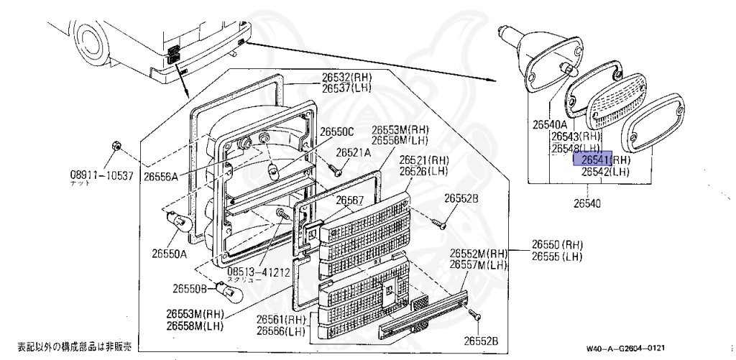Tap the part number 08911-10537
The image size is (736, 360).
(x=101, y=175)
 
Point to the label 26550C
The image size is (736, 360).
(x=337, y=131)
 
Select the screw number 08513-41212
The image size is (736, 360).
(x=258, y=272)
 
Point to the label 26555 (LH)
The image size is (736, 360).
(x=557, y=257)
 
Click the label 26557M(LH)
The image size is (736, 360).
(x=479, y=265)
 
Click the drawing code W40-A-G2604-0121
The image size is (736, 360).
(x=630, y=349)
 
